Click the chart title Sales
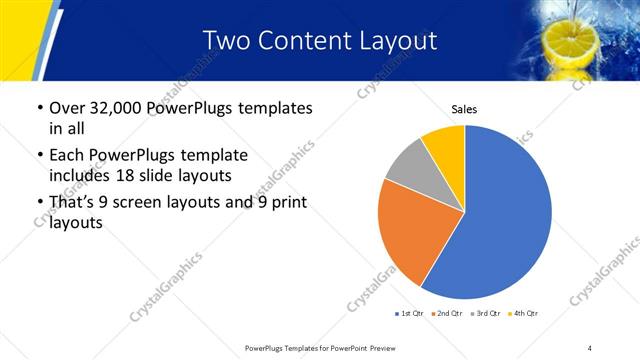click(464, 107)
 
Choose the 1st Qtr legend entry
click(411, 314)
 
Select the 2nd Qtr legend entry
click(448, 314)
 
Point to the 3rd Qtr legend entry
click(486, 314)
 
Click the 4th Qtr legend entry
click(524, 314)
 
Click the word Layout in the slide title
click(397, 41)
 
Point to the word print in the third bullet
click(286, 203)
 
